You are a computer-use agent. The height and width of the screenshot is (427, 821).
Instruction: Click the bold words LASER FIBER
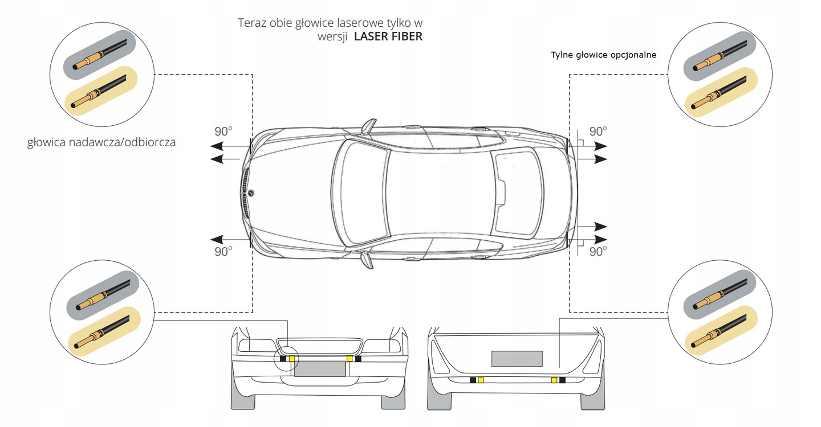click(388, 36)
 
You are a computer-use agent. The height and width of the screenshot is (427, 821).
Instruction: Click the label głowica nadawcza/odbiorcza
click(101, 142)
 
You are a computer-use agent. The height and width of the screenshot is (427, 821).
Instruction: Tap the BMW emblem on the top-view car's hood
click(250, 194)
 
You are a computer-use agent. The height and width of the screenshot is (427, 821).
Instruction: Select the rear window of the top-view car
click(518, 192)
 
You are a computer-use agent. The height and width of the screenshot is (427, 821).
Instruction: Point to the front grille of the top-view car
click(246, 194)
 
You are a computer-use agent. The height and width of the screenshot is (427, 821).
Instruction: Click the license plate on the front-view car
click(320, 368)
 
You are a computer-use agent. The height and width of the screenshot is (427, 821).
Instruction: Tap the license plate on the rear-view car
click(517, 359)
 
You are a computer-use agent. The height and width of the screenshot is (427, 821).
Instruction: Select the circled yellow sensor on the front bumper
click(292, 359)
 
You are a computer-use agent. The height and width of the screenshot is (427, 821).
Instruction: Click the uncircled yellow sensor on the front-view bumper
click(349, 359)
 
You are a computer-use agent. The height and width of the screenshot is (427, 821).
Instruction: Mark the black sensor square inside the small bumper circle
click(283, 359)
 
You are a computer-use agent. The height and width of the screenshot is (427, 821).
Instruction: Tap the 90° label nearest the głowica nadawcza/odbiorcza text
click(223, 131)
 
